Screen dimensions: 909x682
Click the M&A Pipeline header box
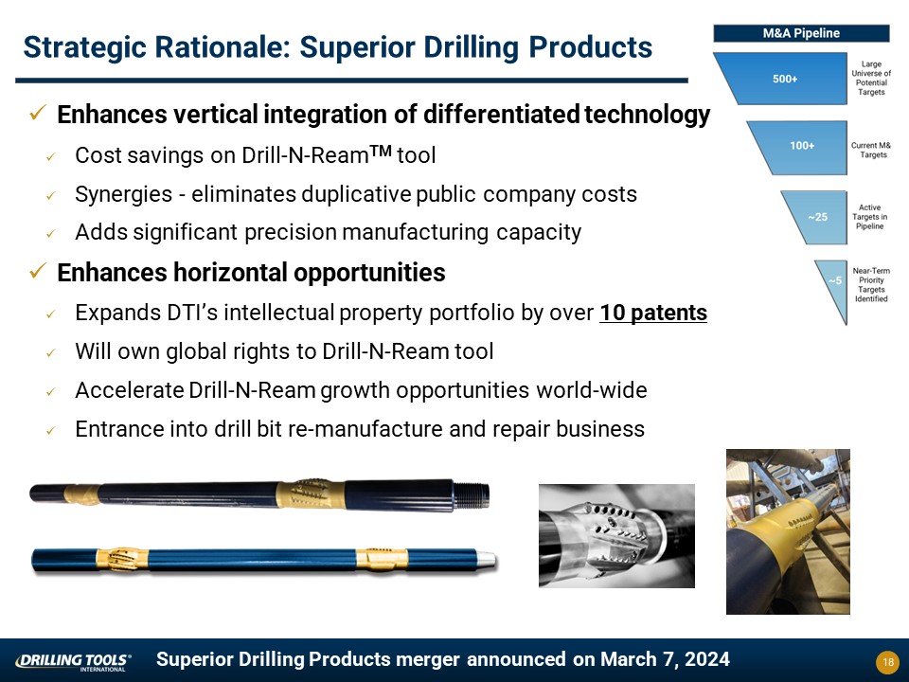801,33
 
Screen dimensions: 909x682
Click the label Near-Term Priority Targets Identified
871,285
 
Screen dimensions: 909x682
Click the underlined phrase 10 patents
653,313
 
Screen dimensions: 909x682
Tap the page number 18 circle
887,662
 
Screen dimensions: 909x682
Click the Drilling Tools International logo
73,662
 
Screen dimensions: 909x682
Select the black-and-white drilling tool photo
616,536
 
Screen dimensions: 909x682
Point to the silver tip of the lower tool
487,560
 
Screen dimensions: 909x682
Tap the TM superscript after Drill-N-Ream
381,151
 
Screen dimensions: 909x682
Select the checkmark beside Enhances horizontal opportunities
38,271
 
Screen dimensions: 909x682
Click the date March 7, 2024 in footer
665,659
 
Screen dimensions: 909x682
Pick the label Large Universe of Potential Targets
871,78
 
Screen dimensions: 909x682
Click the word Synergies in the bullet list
123,194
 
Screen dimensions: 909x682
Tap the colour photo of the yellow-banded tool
788,531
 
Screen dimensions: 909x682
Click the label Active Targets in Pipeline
869,217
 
